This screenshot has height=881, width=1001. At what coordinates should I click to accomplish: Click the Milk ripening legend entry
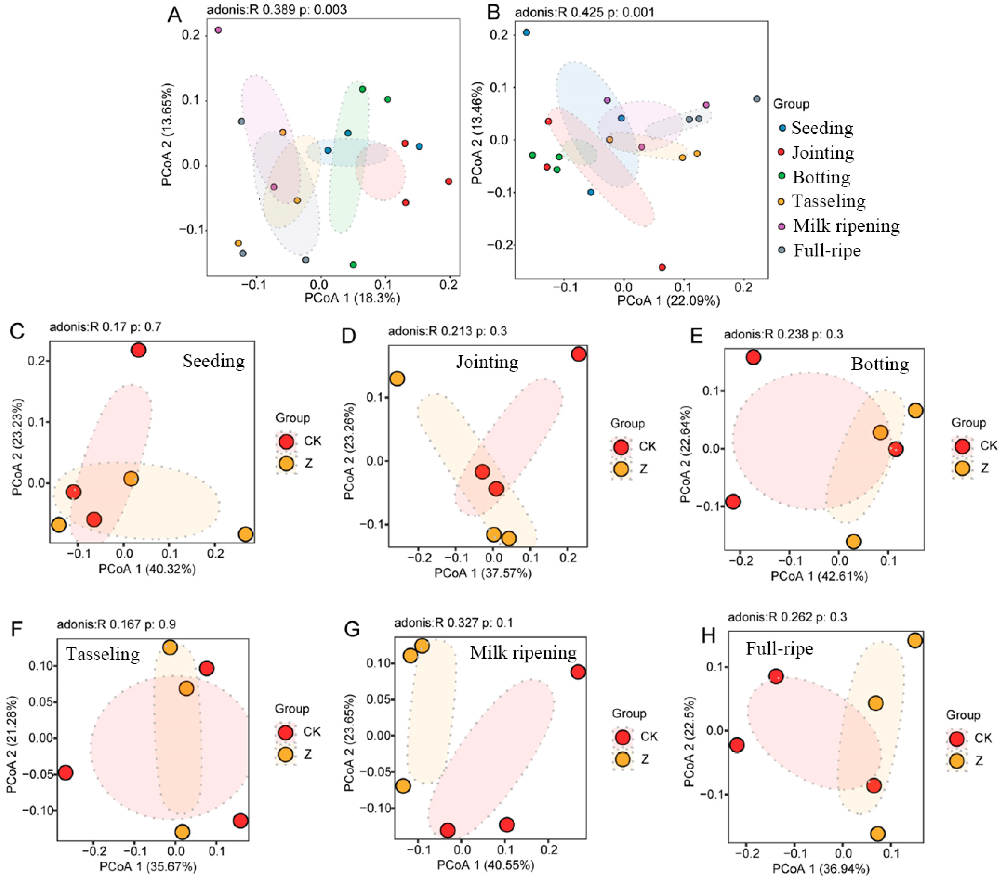click(x=846, y=226)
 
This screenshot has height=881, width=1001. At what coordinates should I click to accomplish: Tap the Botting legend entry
click(x=821, y=177)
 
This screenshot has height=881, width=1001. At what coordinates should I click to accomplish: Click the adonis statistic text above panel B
click(x=584, y=12)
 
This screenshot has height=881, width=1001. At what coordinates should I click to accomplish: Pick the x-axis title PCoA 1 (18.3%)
click(x=352, y=298)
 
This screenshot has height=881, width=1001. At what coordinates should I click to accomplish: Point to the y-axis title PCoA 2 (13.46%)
click(x=477, y=133)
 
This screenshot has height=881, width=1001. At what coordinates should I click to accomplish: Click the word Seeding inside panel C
click(x=213, y=361)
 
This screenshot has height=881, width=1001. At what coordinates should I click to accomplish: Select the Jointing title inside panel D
click(x=487, y=362)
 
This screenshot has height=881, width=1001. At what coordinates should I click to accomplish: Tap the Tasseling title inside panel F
click(x=103, y=654)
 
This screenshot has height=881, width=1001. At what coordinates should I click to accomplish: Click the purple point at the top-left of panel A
click(x=219, y=30)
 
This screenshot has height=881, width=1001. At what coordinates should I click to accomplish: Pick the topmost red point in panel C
click(x=139, y=350)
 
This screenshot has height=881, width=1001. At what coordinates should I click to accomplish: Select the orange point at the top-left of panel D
click(x=397, y=379)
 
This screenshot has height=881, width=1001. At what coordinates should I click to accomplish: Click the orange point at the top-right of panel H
click(x=915, y=640)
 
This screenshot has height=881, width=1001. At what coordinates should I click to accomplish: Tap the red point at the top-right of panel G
click(x=578, y=672)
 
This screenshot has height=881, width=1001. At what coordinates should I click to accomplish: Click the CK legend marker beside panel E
click(x=962, y=446)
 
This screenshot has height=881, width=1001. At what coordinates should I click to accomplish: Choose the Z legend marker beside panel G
click(x=622, y=759)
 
